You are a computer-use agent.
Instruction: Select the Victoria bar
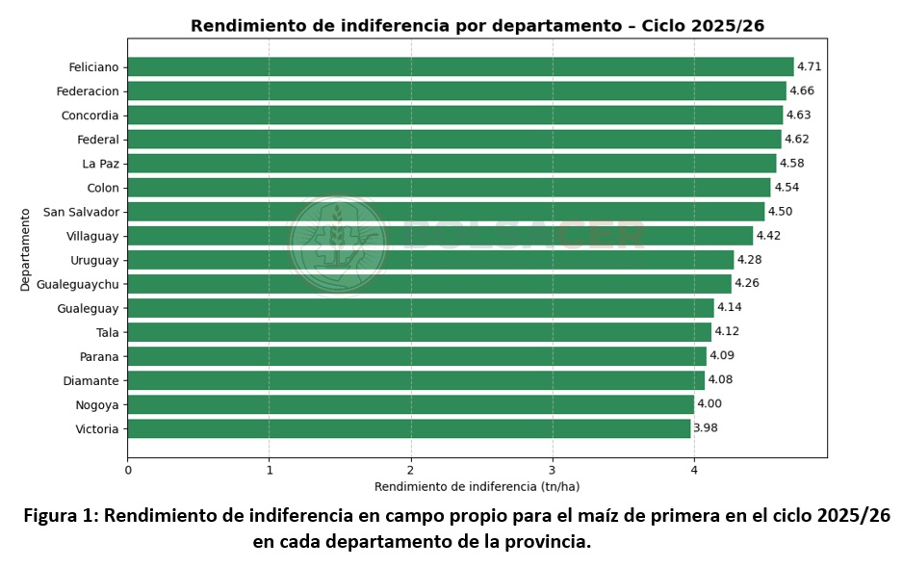tap(408, 428)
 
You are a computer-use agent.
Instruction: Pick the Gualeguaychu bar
tap(429, 284)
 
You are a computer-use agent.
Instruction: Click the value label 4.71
tap(809, 66)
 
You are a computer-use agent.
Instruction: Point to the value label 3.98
tap(706, 428)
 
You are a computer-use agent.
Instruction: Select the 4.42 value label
tap(768, 236)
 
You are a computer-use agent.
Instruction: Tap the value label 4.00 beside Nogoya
tap(709, 404)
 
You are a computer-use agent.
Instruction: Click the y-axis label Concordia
tap(90, 116)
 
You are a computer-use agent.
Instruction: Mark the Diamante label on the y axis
tap(91, 380)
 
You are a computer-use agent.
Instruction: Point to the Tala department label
tap(108, 332)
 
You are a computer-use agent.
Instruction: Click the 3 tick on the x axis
tap(553, 470)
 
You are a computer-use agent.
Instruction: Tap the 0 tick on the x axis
tap(128, 470)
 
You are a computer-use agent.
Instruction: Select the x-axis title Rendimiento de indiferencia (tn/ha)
tap(477, 487)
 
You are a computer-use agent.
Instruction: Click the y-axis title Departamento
tap(25, 248)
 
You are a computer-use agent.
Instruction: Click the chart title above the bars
tap(477, 26)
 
